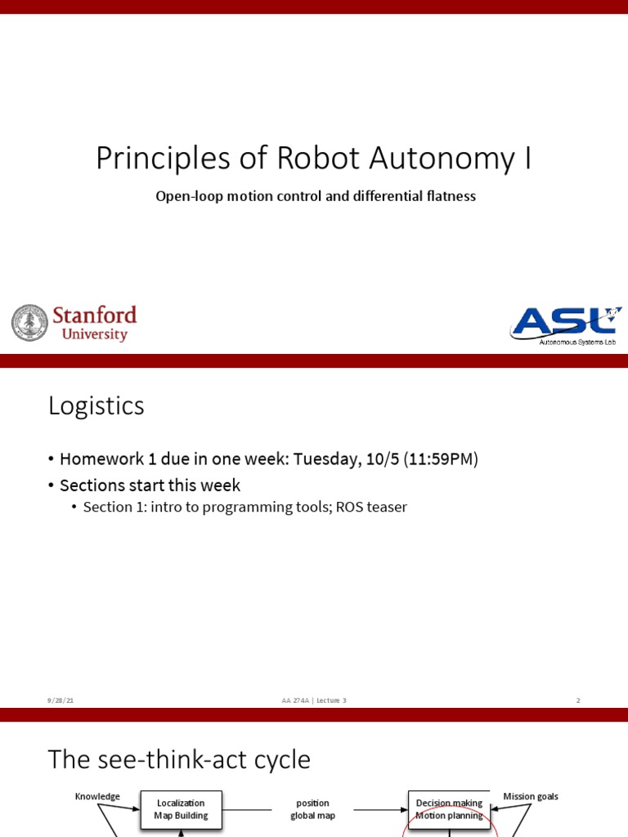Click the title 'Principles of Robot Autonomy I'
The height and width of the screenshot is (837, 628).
pos(313,159)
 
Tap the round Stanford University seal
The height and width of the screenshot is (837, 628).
pos(30,323)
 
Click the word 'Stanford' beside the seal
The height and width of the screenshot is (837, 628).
pos(94,316)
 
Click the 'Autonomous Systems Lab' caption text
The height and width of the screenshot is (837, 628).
pos(576,342)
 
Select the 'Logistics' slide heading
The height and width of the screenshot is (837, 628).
pos(96,405)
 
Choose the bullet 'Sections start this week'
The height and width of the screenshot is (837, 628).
pos(150,486)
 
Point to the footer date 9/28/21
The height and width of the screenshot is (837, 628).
pos(61,700)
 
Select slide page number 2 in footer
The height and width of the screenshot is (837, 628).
pos(578,700)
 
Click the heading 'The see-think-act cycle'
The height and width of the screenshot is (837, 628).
pos(179,759)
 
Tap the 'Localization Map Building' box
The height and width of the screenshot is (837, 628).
pos(181,809)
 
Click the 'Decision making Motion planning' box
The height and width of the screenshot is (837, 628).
pos(449,809)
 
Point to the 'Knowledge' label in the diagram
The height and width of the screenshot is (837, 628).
pos(97,796)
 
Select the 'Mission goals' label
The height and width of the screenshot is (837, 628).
pos(531,796)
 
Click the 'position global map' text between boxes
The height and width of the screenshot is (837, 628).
pos(312,809)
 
